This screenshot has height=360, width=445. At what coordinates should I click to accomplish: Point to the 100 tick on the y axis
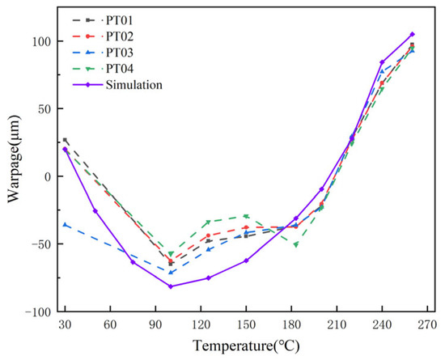pyautogui.click(x=40, y=41)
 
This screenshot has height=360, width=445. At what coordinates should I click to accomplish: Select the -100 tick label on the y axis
pyautogui.click(x=37, y=311)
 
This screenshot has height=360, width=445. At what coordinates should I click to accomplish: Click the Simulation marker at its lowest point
pyautogui.click(x=171, y=286)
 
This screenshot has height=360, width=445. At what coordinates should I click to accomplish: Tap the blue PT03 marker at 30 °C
pyautogui.click(x=65, y=225)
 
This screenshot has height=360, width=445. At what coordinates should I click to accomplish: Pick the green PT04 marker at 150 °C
pyautogui.click(x=246, y=216)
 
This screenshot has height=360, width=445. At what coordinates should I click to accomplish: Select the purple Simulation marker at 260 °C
pyautogui.click(x=412, y=35)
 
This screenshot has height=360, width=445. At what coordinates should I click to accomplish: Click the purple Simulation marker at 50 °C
pyautogui.click(x=95, y=211)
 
